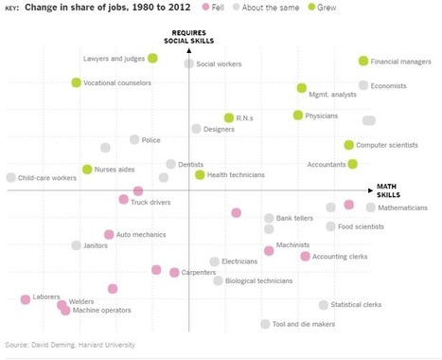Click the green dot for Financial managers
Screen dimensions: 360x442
click(x=363, y=62)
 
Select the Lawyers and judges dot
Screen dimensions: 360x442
click(x=152, y=59)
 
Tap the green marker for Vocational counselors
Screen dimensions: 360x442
click(x=77, y=83)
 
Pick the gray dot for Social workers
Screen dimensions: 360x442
click(x=189, y=64)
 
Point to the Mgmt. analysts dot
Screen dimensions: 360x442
click(x=302, y=88)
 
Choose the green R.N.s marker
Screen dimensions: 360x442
click(x=229, y=118)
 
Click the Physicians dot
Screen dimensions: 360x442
click(x=298, y=116)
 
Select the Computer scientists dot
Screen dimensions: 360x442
click(x=349, y=145)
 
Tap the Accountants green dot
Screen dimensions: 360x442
click(x=353, y=164)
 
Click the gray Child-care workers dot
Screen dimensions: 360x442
click(x=10, y=177)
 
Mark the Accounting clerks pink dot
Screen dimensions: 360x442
click(x=305, y=257)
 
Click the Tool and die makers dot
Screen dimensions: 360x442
click(x=266, y=324)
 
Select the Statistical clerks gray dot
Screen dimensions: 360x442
click(x=324, y=305)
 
